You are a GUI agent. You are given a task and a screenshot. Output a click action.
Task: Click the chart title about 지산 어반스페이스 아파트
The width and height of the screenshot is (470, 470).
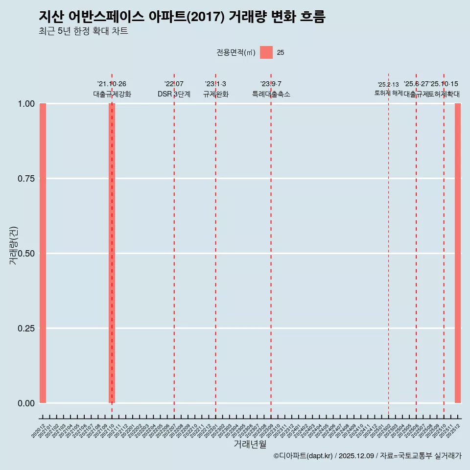click(182, 17)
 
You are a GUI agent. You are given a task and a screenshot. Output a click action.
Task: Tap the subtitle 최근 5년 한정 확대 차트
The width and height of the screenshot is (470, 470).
click(83, 31)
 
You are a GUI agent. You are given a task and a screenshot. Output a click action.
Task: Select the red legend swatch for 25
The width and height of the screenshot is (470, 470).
click(266, 52)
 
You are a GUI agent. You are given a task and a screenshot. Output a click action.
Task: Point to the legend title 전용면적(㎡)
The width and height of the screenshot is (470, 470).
click(236, 53)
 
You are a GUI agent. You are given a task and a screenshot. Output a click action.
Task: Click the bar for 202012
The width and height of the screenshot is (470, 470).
click(43, 253)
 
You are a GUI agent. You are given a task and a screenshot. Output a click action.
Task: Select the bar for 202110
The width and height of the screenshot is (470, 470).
click(112, 253)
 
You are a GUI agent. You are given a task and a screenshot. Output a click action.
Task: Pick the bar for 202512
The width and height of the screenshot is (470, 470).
click(458, 253)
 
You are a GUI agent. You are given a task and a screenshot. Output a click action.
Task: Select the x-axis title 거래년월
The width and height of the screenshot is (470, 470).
click(250, 445)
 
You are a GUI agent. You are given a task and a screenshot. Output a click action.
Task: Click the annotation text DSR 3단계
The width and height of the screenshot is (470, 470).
click(174, 94)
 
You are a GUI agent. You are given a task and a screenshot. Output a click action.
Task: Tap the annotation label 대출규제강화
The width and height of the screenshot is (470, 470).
click(112, 94)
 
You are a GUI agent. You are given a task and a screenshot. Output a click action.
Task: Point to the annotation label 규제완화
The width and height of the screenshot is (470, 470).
click(216, 94)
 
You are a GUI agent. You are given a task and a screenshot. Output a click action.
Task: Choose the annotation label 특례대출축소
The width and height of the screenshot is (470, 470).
click(271, 94)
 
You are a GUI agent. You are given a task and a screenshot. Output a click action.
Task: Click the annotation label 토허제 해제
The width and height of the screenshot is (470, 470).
click(388, 93)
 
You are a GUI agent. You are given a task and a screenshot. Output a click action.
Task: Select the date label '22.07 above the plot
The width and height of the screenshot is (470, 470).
click(174, 84)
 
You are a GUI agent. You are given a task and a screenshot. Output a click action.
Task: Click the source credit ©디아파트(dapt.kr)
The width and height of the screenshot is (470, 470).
click(303, 456)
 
